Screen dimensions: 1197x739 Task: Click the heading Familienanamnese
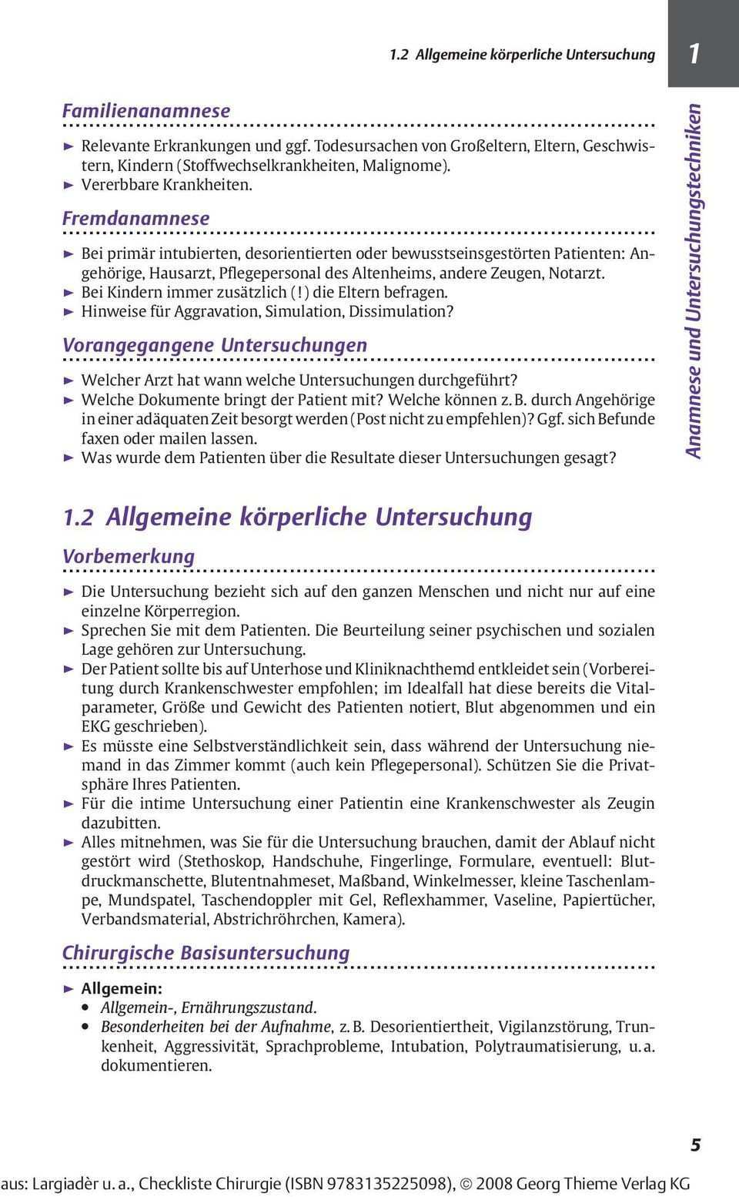pos(145,111)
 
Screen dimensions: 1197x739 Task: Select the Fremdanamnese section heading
pos(135,218)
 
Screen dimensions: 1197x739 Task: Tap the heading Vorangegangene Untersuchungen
pos(214,345)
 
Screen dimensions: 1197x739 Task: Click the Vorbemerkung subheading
pos(129,556)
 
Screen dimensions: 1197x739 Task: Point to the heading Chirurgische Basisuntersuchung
pos(206,953)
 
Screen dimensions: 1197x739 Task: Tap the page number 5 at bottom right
pos(695,1145)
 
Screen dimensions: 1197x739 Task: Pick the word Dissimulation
pos(401,311)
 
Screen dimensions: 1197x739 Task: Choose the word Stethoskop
pos(222,861)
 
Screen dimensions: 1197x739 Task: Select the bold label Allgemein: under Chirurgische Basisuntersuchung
pos(122,988)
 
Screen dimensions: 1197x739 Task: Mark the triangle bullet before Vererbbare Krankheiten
pos(68,185)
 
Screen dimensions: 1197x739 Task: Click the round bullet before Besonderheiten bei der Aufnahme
pos(87,1028)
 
